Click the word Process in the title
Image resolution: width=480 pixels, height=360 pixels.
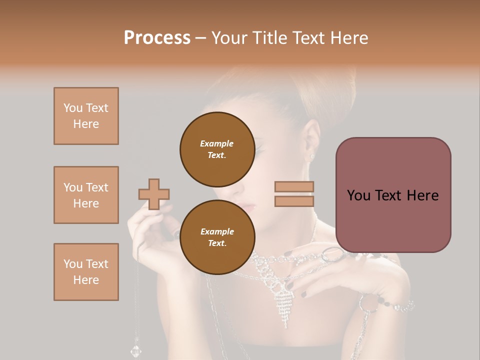(157, 38)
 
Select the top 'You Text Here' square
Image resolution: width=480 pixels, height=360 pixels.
(86, 116)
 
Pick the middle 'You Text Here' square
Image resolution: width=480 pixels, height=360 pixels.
(86, 195)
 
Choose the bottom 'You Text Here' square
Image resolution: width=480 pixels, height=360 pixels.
(86, 272)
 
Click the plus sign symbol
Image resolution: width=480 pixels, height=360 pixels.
(154, 194)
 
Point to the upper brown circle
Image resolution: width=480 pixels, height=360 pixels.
(217, 149)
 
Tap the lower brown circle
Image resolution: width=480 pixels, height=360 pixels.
(217, 237)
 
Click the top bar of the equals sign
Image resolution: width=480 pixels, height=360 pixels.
(294, 186)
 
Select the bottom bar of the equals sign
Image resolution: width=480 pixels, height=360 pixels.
(294, 201)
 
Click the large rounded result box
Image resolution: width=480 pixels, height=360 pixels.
(393, 195)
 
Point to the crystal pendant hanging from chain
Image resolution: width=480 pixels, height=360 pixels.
(136, 349)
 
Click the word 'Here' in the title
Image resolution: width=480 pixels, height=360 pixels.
(348, 38)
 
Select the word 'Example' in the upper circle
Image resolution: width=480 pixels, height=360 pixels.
(217, 143)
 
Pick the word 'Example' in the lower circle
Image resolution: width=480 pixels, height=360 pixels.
(217, 231)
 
